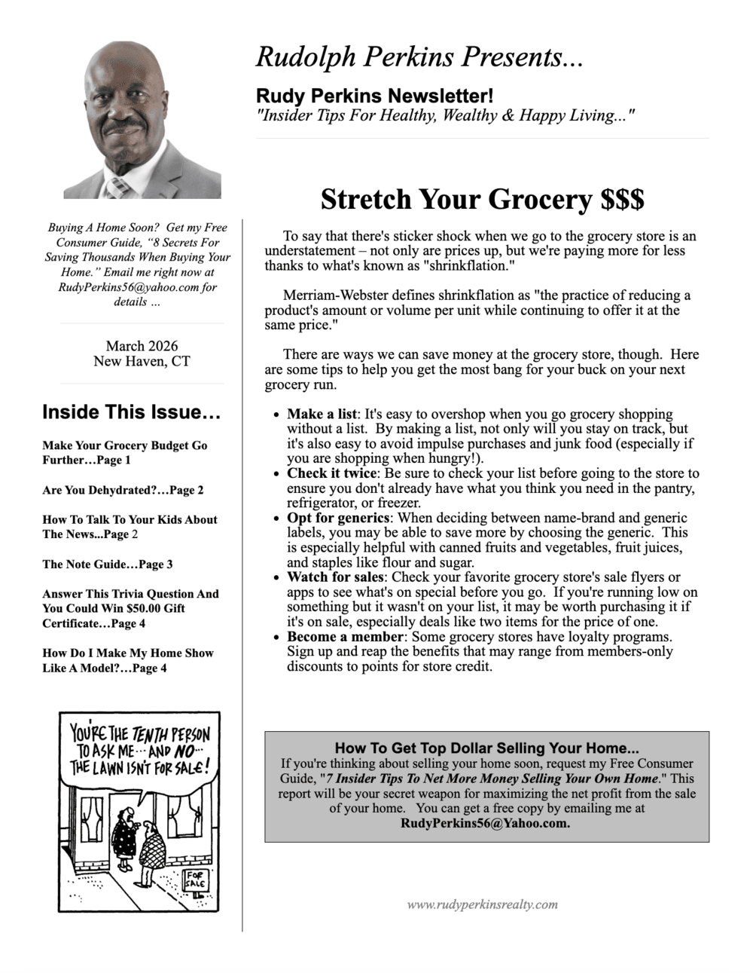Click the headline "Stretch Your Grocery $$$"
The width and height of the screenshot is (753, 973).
click(482, 200)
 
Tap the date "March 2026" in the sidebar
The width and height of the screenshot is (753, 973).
click(142, 346)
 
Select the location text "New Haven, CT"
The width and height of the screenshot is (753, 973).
click(142, 361)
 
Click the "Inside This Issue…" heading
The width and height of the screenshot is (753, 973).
click(131, 412)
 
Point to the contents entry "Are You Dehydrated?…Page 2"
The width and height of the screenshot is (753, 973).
click(123, 490)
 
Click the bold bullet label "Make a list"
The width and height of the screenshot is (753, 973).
click(322, 414)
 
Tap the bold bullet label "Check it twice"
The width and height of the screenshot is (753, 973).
click(332, 473)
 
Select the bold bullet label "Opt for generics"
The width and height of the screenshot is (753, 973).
click(338, 518)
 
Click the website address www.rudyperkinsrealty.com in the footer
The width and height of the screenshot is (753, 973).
click(482, 904)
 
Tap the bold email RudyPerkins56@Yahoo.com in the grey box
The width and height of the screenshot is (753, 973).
click(486, 823)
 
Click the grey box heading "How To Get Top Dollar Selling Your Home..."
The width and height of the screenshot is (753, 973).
click(486, 748)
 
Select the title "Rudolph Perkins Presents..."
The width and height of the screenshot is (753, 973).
click(419, 57)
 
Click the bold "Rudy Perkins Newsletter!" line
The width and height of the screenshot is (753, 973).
click(375, 96)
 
